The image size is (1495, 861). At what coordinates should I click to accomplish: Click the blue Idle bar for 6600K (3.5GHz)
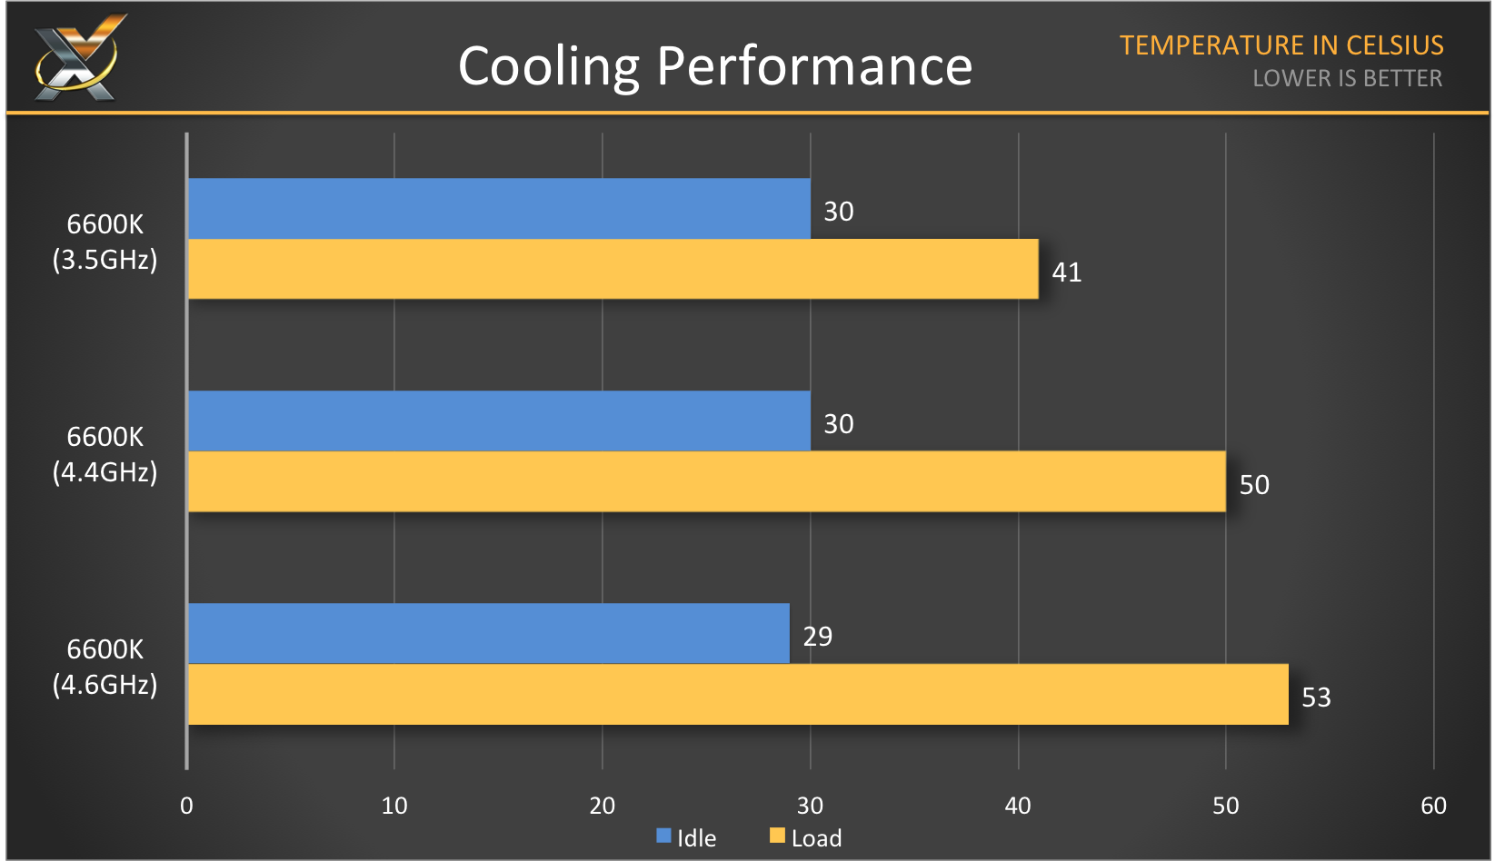click(498, 209)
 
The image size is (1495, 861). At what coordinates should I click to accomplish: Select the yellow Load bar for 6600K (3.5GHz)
click(613, 269)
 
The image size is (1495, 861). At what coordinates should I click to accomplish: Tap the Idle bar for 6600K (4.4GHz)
click(498, 421)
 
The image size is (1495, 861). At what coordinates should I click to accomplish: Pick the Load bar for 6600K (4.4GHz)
click(706, 481)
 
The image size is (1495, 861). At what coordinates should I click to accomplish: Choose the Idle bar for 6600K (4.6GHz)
click(488, 634)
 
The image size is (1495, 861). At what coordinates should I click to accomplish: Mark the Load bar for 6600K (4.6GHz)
click(737, 695)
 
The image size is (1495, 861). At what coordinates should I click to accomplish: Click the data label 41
click(1066, 272)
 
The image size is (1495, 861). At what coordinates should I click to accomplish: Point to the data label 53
click(1316, 698)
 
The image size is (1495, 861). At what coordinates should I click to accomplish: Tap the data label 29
click(817, 637)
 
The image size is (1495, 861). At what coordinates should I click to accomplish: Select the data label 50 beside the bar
click(1254, 485)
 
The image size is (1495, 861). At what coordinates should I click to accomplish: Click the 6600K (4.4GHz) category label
click(105, 454)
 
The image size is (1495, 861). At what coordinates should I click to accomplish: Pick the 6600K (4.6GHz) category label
click(105, 667)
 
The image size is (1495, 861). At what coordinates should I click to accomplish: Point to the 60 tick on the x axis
click(1433, 806)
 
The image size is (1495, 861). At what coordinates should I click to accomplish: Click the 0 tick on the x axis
click(186, 806)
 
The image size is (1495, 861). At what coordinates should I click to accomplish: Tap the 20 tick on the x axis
click(602, 806)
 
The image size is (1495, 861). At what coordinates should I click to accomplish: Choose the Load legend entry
click(805, 837)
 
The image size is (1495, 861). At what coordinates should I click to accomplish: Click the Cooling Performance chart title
click(715, 66)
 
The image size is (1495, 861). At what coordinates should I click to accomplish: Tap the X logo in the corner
click(78, 57)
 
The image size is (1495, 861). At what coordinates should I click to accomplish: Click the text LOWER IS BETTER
click(1347, 79)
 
